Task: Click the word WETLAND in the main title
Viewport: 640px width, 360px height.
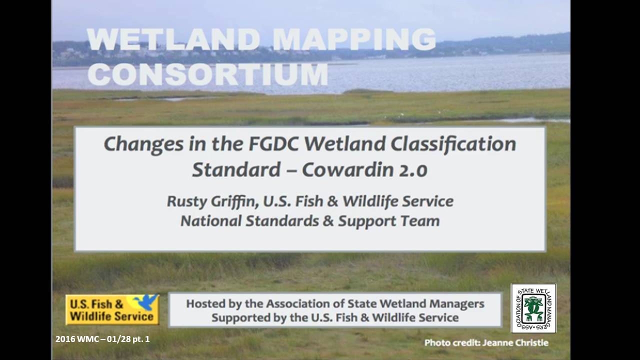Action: point(173,39)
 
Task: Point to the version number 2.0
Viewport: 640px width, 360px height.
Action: point(413,170)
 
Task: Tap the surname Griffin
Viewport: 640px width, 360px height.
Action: point(235,201)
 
